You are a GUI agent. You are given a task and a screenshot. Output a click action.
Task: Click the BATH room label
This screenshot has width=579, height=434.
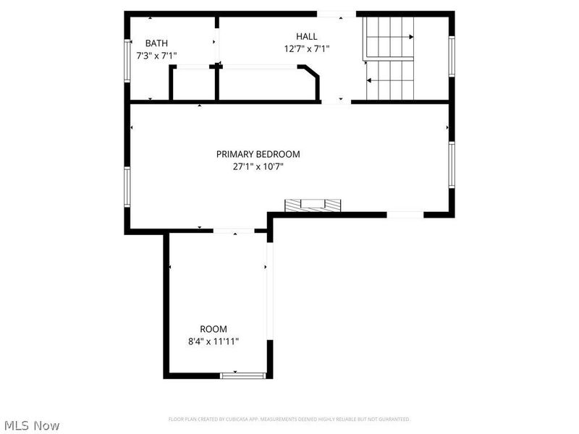tap(157, 43)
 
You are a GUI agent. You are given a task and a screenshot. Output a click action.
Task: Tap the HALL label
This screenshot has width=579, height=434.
tap(306, 36)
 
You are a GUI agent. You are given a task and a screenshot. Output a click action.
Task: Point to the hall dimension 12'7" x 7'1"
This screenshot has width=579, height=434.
tap(306, 49)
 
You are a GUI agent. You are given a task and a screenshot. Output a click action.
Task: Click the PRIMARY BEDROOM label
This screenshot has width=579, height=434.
tap(258, 154)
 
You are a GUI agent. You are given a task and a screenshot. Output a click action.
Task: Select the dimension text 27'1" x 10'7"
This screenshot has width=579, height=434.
tap(258, 166)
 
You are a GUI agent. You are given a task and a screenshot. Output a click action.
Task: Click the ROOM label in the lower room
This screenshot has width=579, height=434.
tap(214, 329)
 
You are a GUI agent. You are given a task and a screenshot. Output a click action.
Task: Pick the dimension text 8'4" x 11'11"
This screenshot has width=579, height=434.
tap(214, 341)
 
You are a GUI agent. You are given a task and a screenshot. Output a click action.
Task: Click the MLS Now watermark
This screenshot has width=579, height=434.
tap(32, 425)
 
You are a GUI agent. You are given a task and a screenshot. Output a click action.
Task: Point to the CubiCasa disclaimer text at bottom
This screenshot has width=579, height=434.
tap(289, 419)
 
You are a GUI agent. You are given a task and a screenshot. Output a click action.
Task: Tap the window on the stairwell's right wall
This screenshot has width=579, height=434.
tap(451, 56)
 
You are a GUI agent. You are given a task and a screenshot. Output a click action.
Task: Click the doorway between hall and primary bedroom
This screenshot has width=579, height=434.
tap(336, 102)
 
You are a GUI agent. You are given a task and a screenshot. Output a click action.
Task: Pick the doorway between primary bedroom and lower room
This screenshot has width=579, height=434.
tap(234, 231)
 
